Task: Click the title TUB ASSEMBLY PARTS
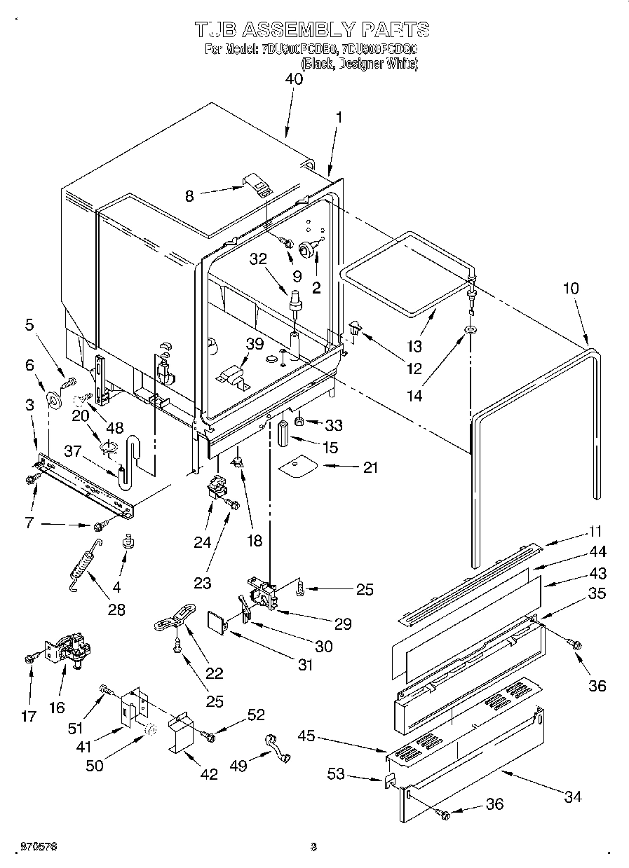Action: (x=311, y=29)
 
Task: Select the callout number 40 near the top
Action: (x=294, y=79)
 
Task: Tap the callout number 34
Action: (x=573, y=797)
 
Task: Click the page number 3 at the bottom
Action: (x=314, y=847)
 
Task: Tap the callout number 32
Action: (x=259, y=258)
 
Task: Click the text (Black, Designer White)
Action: (x=360, y=63)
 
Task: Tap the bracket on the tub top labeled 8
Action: (x=257, y=186)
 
